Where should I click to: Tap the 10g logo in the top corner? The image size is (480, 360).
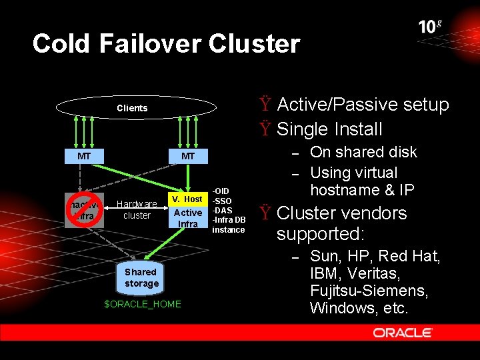tap(429, 27)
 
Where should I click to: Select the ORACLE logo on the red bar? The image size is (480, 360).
tap(403, 333)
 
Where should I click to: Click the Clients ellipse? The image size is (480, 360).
tap(132, 108)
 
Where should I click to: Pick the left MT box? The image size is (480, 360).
tap(84, 156)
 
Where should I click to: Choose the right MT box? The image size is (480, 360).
tap(188, 156)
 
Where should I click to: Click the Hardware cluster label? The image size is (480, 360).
tap(137, 209)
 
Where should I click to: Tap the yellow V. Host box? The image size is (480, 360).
tap(188, 199)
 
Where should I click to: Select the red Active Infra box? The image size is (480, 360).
tap(188, 218)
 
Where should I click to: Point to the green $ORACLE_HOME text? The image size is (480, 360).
tap(143, 304)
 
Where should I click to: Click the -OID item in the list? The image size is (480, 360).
tap(221, 191)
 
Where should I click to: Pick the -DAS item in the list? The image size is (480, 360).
tap(222, 210)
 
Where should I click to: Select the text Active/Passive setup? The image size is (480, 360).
tap(363, 105)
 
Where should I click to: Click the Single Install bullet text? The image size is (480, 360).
tap(329, 129)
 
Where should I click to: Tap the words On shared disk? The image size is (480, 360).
tap(363, 152)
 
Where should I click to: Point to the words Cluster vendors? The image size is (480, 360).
tap(341, 213)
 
